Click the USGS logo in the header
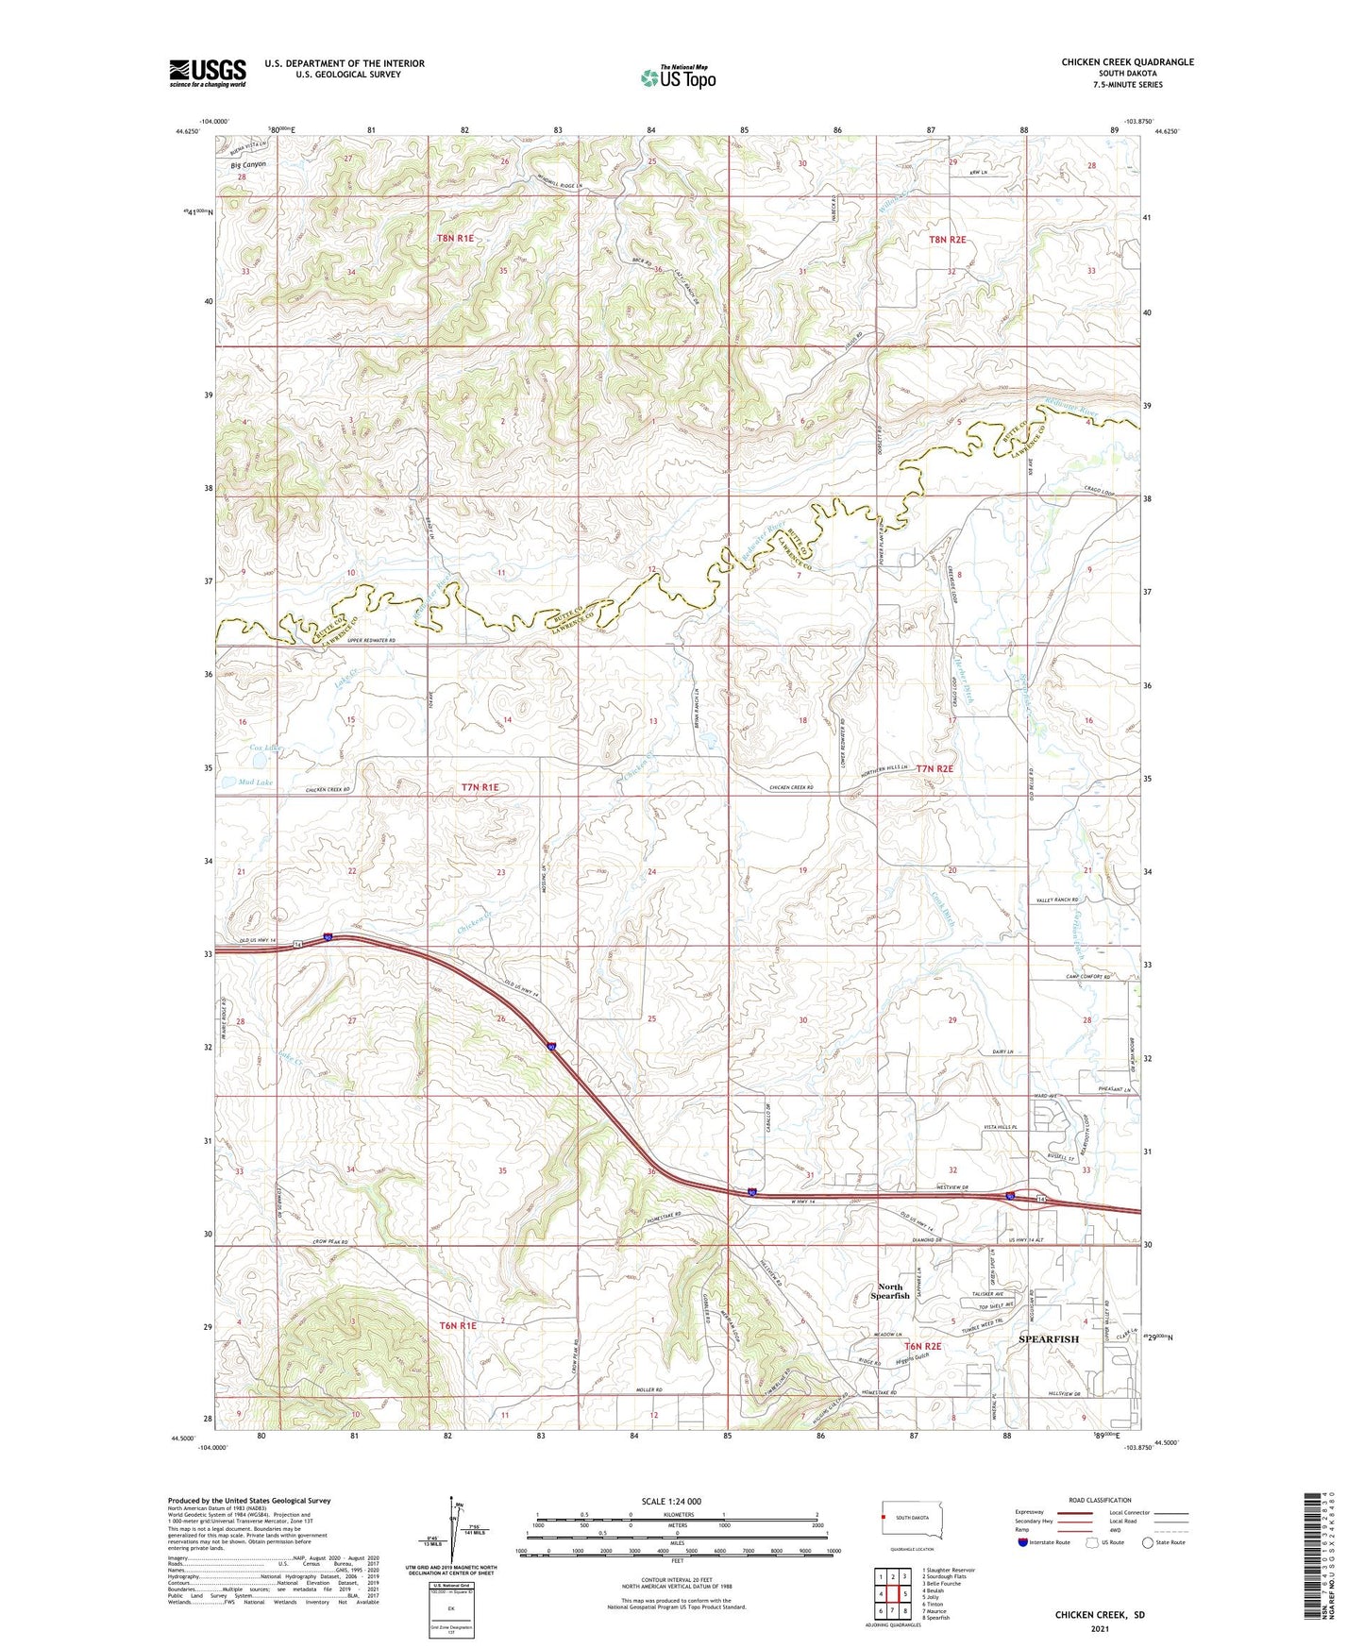click(208, 73)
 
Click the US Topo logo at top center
click(678, 77)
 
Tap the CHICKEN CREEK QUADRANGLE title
click(1127, 62)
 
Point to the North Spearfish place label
click(889, 1291)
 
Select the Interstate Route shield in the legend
click(1023, 1542)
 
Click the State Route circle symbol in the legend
click(1148, 1542)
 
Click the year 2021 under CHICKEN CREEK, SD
click(1099, 1629)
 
